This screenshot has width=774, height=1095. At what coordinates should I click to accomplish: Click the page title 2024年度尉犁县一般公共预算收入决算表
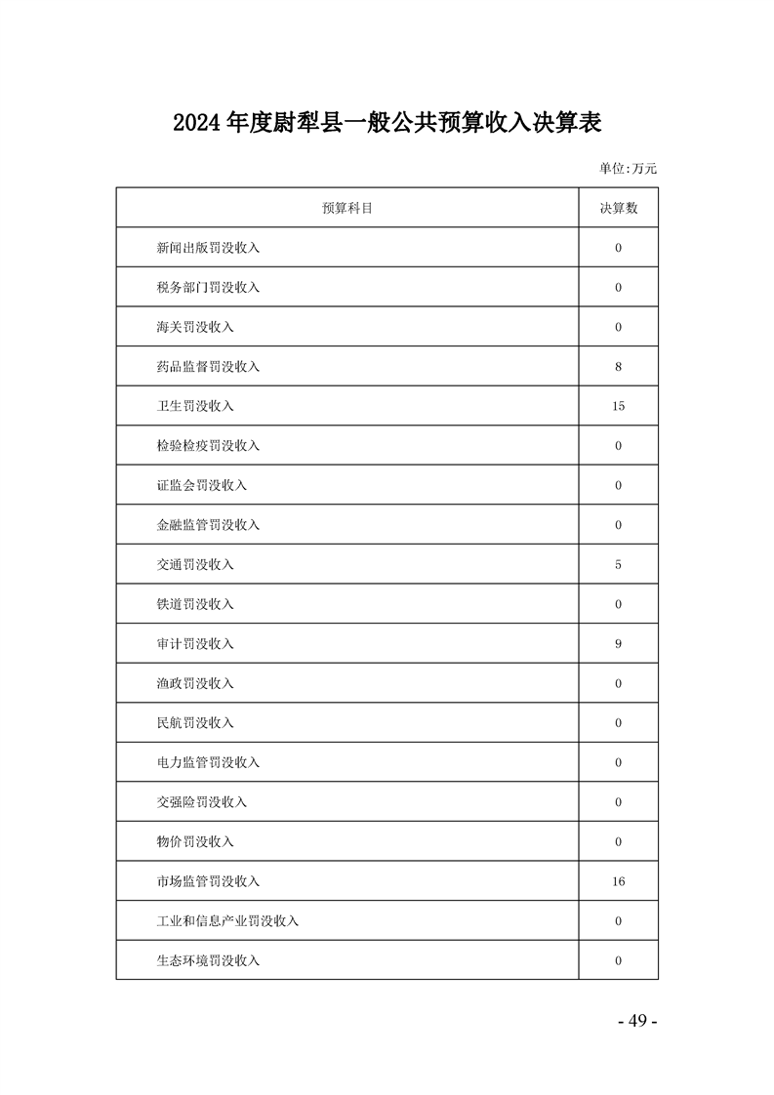coord(387,123)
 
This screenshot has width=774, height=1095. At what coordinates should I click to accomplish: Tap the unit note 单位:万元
coord(628,169)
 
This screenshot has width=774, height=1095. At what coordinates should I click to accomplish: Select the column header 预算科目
coord(347,208)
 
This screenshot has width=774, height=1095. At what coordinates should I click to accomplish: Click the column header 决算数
coord(618,208)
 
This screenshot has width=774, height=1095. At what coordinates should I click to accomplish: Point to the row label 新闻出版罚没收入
coord(208,248)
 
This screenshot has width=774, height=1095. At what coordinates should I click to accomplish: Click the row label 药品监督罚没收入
coord(208,367)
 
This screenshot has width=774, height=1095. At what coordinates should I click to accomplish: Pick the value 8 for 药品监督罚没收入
coord(618,367)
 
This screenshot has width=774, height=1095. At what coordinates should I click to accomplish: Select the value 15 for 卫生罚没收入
coord(618,406)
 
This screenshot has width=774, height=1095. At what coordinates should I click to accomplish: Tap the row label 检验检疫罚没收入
coord(208,446)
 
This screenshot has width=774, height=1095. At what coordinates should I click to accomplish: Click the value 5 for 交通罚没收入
coord(618,565)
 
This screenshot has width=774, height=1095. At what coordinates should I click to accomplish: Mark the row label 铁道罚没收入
coord(195,604)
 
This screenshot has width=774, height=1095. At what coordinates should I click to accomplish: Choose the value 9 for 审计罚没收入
coord(618,644)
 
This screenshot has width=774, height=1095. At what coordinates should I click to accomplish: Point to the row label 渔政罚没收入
coord(195,683)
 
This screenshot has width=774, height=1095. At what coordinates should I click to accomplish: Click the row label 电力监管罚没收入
coord(208,762)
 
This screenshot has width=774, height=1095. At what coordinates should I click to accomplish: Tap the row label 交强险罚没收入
coord(201,802)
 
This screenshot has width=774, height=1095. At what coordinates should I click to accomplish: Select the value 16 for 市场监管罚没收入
coord(618,881)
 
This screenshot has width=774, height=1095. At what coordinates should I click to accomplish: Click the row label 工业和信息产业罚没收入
coord(227,921)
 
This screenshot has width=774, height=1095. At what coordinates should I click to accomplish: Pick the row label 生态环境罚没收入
coord(208,960)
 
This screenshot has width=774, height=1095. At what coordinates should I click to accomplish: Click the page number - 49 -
coord(638,1021)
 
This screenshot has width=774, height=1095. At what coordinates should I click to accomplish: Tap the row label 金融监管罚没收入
coord(208,525)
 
